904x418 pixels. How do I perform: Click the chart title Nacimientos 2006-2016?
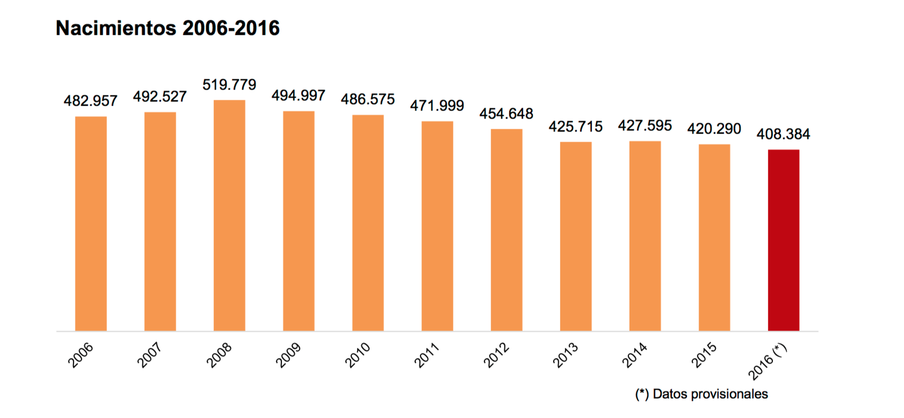pos(168,28)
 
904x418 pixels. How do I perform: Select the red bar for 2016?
pos(783,240)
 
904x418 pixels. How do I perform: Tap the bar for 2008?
pos(229,215)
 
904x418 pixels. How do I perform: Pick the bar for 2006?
pos(91,223)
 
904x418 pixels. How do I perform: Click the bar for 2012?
pos(507,230)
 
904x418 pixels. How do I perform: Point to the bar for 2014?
pos(645,236)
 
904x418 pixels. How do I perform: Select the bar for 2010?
pos(368,223)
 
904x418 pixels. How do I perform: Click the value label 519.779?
pos(229,85)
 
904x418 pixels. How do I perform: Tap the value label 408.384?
pos(783,134)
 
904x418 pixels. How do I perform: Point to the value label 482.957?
pos(91,101)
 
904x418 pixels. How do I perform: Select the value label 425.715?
pos(576,127)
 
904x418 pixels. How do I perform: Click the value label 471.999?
pos(437,106)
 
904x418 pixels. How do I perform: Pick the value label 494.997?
pos(299,96)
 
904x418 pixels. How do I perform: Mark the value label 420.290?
pos(714,129)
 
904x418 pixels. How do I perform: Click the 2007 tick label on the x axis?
pos(150,355)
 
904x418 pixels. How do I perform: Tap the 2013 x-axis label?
pos(566,355)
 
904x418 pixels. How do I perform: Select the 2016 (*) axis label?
pos(768,361)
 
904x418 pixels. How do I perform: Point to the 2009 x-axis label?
pos(288,355)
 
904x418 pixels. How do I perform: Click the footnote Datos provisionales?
pos(701,394)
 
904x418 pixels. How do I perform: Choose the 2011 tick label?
pos(427,355)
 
